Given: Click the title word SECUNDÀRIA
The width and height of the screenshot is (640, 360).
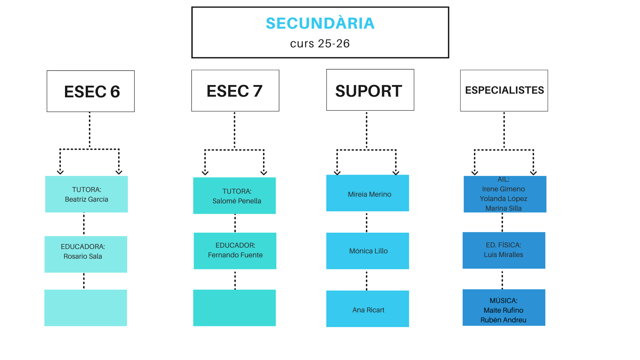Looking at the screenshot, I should coord(320,23).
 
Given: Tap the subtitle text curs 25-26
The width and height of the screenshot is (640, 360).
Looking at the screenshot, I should coord(320,44).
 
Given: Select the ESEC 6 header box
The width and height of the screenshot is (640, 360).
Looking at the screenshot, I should coord(91,91).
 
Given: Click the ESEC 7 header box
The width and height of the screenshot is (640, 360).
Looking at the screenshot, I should coord(235,91).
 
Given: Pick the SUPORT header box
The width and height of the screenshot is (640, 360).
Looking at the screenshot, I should coord(370,90).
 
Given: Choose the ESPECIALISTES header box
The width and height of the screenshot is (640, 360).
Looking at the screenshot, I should coord(504,90).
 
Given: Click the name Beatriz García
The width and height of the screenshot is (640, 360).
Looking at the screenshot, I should coord(86,199).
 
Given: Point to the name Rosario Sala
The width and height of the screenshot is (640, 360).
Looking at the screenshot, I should coord(83,256).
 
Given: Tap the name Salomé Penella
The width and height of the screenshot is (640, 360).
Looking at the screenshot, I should coord(237,201).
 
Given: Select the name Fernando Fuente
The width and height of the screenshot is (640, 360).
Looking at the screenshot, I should coord(235,255).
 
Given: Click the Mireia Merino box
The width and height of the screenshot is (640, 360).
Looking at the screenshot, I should coord(368,193).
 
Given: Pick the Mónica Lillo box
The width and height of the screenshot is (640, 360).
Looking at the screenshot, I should coord(368,251).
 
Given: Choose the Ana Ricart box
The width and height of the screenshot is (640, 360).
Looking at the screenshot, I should coord(368,309).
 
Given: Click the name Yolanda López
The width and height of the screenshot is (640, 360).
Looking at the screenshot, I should coord(503,199).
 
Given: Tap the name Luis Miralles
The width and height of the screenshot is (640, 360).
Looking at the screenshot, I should coord(503,255).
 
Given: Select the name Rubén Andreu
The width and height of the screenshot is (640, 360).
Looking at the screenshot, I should coord(503,320).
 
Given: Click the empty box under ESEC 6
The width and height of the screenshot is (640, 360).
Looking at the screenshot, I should coord(86,308).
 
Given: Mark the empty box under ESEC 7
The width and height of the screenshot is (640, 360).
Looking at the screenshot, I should coord(234,308).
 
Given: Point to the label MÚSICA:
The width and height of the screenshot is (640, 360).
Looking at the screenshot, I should coord(503,301).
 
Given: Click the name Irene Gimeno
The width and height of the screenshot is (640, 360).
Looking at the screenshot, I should coord(503,189).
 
